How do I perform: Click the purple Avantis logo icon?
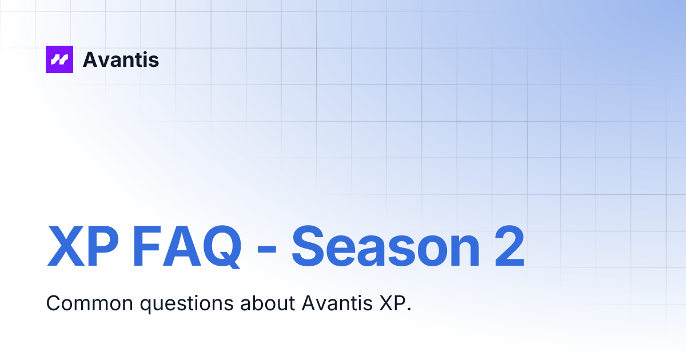(59, 59)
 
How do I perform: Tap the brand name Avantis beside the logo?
(121, 59)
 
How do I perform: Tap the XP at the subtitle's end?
(392, 303)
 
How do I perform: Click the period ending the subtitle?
(409, 309)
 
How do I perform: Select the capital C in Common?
(53, 303)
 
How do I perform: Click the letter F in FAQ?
(147, 247)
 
